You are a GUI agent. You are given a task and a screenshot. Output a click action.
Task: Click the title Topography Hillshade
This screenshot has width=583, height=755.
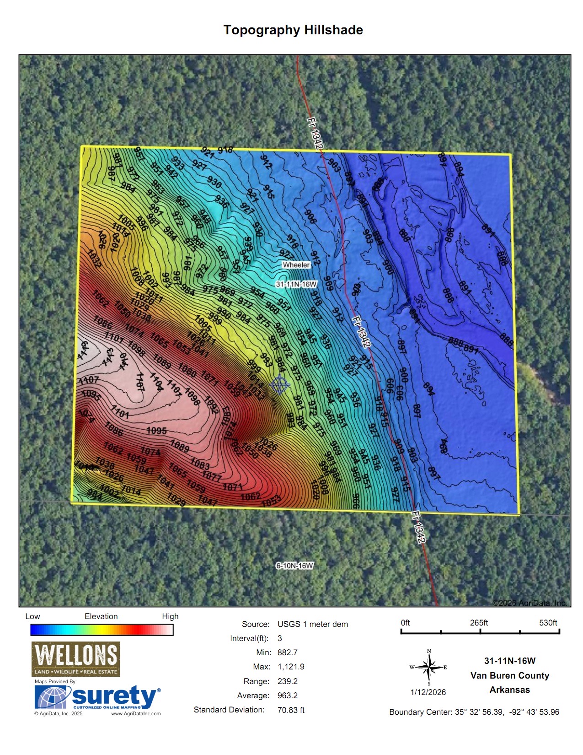[x=293, y=30]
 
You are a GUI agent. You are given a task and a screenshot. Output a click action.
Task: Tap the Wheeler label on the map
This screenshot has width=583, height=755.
[x=296, y=265]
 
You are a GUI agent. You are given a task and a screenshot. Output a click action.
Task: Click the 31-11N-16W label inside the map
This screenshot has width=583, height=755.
[x=296, y=284]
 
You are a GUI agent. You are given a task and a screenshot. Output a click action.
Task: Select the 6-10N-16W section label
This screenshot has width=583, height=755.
[x=294, y=566]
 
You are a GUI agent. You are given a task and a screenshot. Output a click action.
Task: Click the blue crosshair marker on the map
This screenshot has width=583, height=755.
[x=280, y=385]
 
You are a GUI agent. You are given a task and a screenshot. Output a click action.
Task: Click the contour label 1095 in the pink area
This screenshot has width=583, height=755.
[x=156, y=431]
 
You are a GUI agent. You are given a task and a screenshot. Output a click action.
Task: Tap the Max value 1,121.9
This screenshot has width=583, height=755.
[x=291, y=667]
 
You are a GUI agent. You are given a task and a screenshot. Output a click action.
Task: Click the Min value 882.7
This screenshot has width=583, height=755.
[x=288, y=653]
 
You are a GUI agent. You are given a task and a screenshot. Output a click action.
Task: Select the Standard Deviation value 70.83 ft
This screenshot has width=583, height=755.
[x=291, y=710]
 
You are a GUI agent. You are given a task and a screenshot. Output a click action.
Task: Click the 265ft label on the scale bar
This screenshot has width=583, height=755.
[x=479, y=623]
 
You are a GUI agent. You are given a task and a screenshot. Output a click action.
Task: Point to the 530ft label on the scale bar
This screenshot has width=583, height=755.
[x=548, y=623]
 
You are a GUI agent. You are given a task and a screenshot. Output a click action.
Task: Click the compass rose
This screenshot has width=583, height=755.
[x=429, y=668]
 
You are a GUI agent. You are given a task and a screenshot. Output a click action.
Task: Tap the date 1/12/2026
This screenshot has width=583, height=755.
[x=428, y=692]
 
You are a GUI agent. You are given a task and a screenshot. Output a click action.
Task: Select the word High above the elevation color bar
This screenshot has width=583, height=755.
[x=170, y=616]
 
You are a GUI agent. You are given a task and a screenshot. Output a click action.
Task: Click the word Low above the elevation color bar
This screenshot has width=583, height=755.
[x=32, y=616]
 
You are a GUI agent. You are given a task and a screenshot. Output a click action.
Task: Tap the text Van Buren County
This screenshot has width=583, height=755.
[x=509, y=675]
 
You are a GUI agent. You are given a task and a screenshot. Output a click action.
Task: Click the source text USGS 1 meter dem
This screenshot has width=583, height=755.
[x=312, y=624]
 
